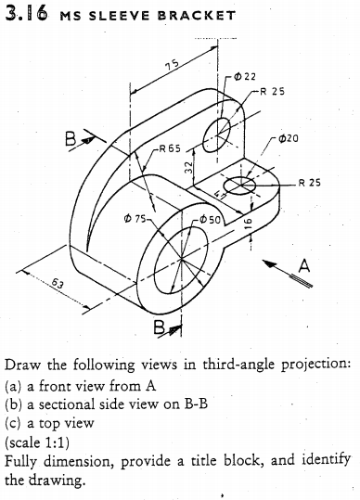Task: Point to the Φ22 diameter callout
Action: click(243, 77)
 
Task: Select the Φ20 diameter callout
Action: click(288, 138)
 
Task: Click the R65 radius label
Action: click(170, 147)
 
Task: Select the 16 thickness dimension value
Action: click(248, 224)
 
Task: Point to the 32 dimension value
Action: click(188, 169)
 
